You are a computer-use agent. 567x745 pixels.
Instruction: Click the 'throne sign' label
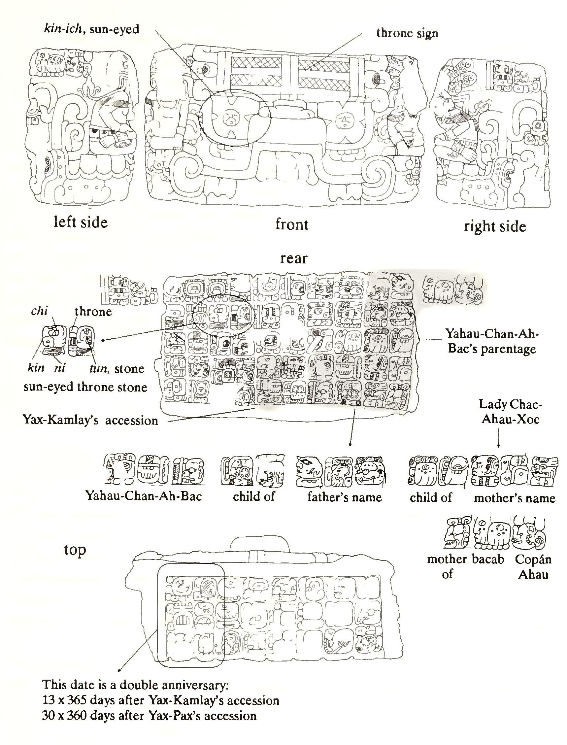point(407,33)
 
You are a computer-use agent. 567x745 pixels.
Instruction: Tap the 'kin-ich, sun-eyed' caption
point(91,29)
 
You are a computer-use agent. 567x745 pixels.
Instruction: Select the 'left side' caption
point(80,222)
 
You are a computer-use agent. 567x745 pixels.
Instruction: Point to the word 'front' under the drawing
point(292,224)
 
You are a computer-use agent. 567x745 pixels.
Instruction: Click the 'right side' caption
point(495,226)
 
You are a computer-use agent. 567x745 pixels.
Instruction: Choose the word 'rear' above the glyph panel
point(294,258)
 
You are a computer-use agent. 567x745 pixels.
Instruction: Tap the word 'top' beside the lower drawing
point(75,550)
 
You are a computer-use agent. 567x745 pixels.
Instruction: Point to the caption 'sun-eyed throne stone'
point(85,387)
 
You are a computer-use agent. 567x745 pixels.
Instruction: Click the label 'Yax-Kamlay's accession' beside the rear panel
point(90,420)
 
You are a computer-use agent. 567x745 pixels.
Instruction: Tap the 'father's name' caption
point(344,497)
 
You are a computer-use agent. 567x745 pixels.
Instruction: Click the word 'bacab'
point(488,560)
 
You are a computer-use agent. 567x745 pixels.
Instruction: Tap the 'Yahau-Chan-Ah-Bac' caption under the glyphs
point(144,496)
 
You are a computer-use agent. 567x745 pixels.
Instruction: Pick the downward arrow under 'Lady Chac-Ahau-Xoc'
point(498,441)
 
